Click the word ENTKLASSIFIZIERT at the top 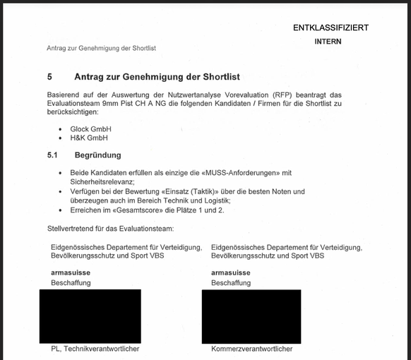click(x=330, y=28)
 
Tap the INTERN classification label click(x=328, y=42)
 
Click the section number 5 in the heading click(x=49, y=76)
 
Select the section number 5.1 click(x=52, y=155)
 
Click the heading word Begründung click(x=97, y=155)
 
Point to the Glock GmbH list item click(x=90, y=129)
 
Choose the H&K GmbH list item click(x=88, y=138)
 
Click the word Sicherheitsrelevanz click(x=102, y=182)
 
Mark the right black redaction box click(x=251, y=316)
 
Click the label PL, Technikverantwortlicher click(x=95, y=349)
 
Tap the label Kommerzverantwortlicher click(x=251, y=349)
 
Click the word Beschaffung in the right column click(x=231, y=283)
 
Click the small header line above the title click(x=101, y=48)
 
